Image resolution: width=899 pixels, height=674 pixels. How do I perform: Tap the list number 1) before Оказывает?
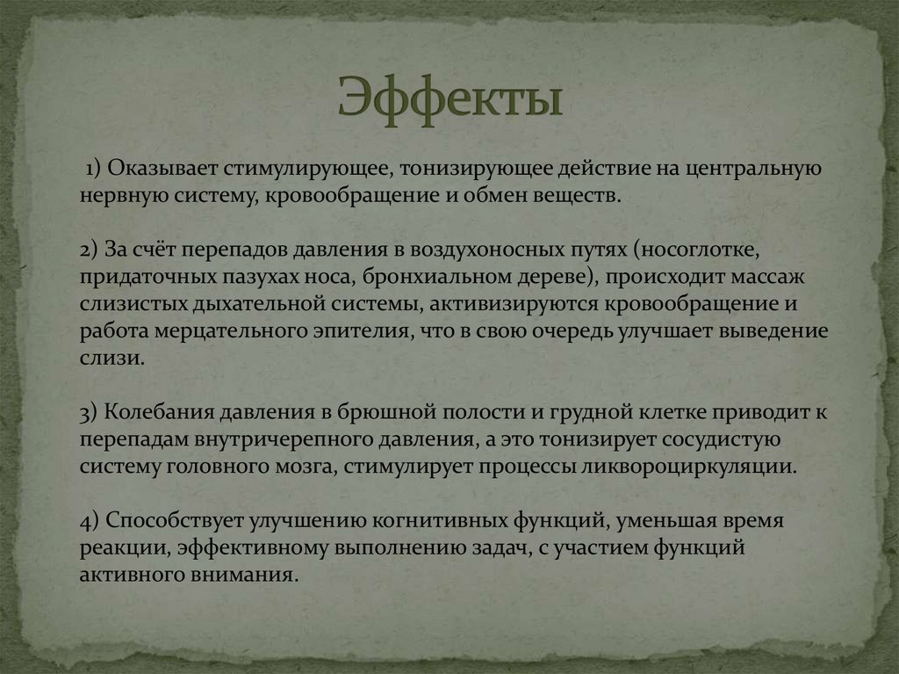tap(95, 168)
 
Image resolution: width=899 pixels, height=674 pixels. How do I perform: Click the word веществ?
tap(579, 193)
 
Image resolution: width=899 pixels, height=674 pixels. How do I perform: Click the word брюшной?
tap(406, 413)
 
